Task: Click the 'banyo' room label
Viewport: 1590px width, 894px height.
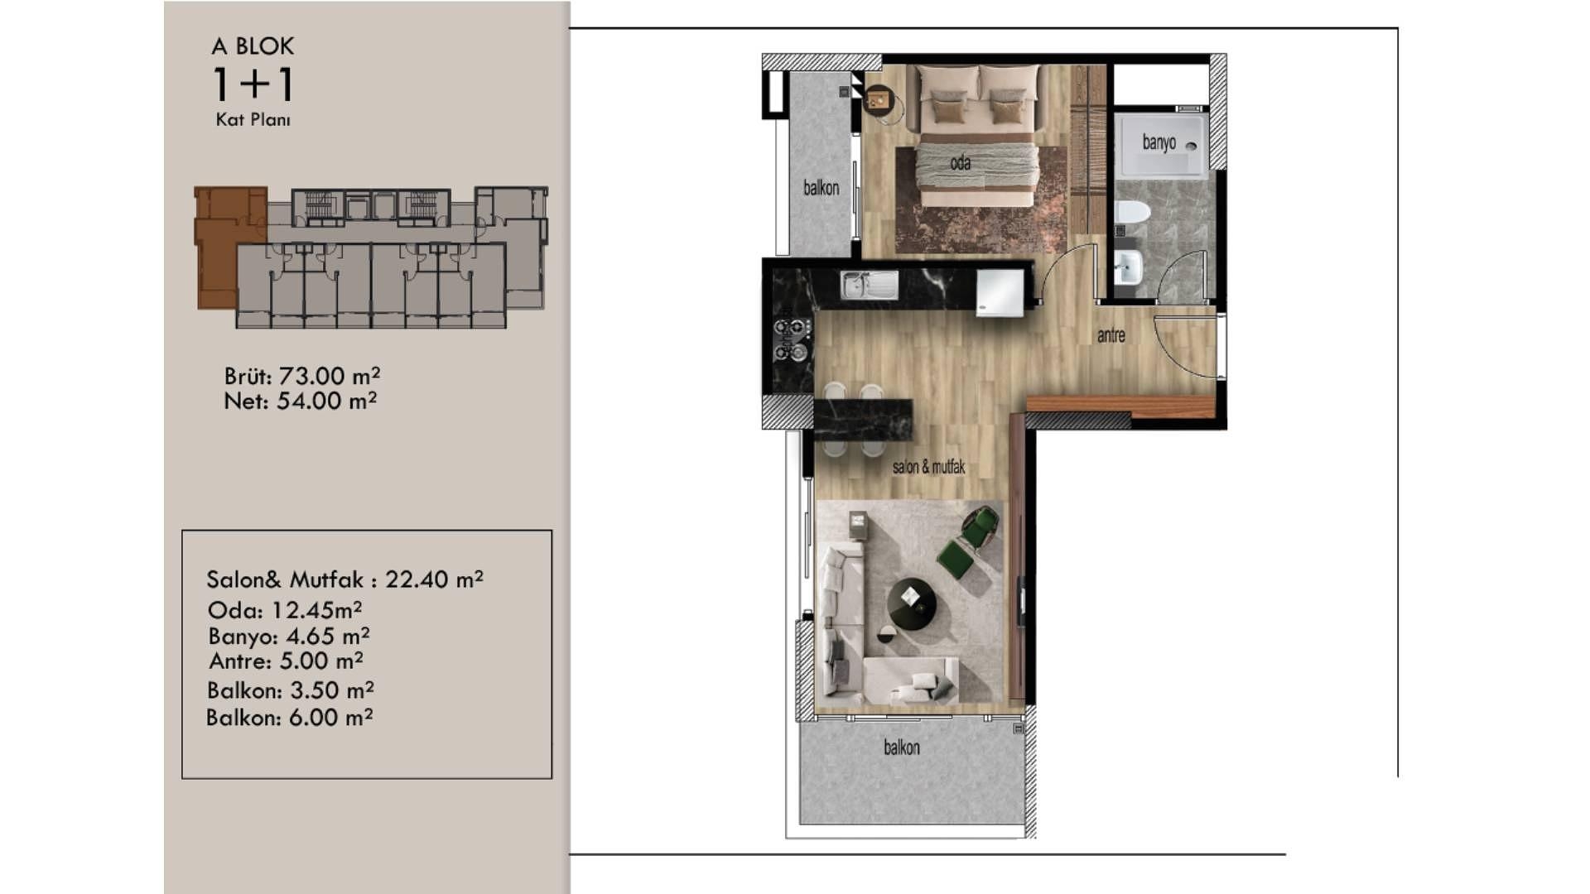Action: [x=1159, y=142]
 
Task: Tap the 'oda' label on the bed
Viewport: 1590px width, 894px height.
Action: [x=960, y=162]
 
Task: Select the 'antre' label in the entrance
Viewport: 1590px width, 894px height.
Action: [x=1111, y=335]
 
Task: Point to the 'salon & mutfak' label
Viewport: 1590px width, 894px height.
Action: [x=928, y=467]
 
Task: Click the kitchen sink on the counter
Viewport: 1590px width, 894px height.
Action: [x=869, y=286]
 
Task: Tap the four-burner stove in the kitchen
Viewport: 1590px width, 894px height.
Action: [x=792, y=341]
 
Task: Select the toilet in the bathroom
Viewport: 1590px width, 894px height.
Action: [x=1130, y=213]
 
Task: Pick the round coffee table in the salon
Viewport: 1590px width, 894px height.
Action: [x=912, y=604]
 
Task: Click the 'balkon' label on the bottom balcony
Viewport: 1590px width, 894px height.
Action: [x=901, y=747]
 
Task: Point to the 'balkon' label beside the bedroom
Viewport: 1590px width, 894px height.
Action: [x=821, y=188]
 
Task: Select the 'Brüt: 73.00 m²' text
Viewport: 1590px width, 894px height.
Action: [x=302, y=376]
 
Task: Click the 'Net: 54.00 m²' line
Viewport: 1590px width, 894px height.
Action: [x=301, y=401]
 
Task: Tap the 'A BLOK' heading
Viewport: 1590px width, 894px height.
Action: [x=253, y=46]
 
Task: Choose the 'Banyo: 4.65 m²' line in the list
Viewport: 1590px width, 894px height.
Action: [x=289, y=636]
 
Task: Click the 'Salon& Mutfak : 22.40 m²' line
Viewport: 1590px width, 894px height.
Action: [x=344, y=579]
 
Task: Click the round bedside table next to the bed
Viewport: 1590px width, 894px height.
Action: [x=877, y=102]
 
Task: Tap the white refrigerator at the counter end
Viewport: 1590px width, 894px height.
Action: [x=1000, y=292]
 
